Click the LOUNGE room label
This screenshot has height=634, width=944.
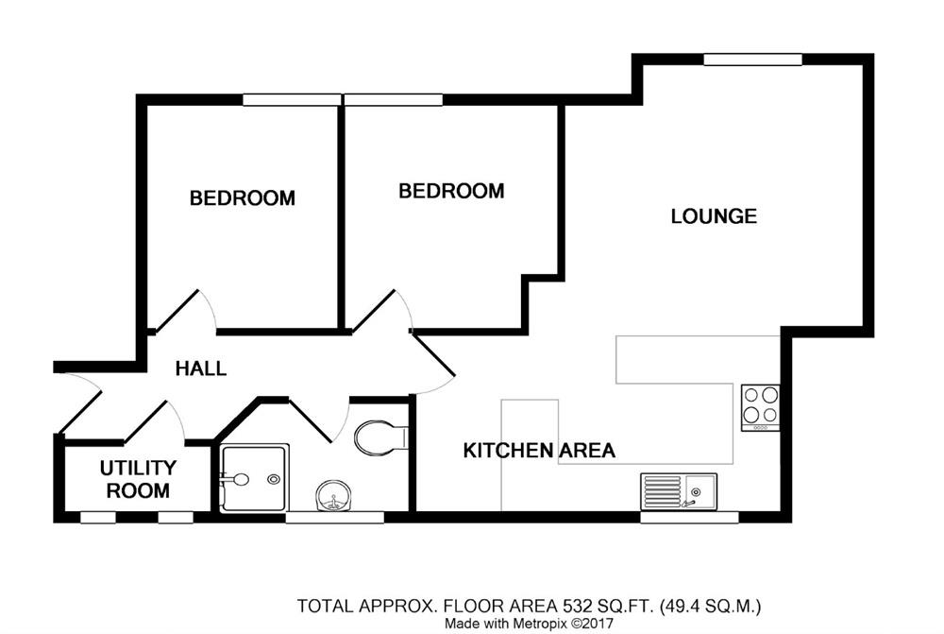[x=714, y=216]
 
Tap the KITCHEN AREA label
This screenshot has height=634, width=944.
[x=539, y=451]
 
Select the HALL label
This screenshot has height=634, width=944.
[x=201, y=368]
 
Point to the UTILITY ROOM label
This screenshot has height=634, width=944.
[x=138, y=479]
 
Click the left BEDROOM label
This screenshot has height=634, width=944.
[x=243, y=198]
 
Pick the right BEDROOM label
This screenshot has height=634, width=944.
[x=451, y=191]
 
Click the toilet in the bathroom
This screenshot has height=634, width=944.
[x=379, y=437]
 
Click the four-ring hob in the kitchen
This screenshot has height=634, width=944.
[x=761, y=406]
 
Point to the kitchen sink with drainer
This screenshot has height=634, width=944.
[x=678, y=491]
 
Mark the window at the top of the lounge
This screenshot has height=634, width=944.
[x=752, y=60]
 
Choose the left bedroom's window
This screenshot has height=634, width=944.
[x=292, y=99]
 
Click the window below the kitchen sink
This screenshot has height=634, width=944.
[x=689, y=517]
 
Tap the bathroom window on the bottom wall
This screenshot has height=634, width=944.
[x=334, y=517]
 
